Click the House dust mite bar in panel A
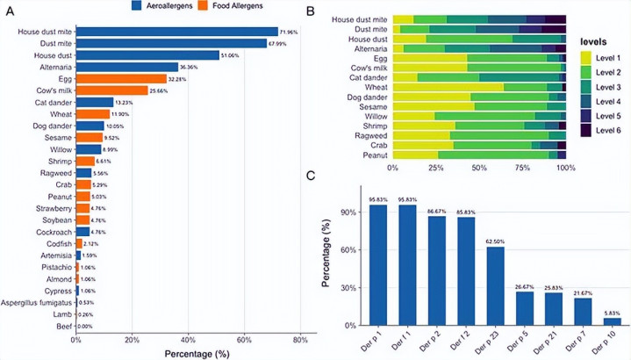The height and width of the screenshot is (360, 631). coord(176,32)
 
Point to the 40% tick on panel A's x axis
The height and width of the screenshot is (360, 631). coord(188,340)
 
